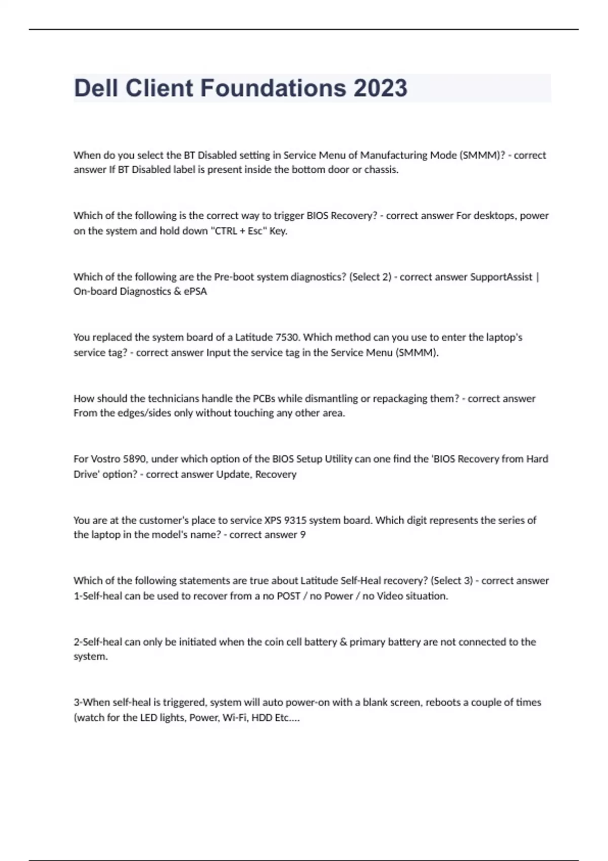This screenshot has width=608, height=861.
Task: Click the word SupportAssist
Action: coord(501,277)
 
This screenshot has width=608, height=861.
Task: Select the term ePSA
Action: coord(196,291)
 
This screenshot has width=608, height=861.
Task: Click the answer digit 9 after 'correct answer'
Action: coord(302,535)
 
